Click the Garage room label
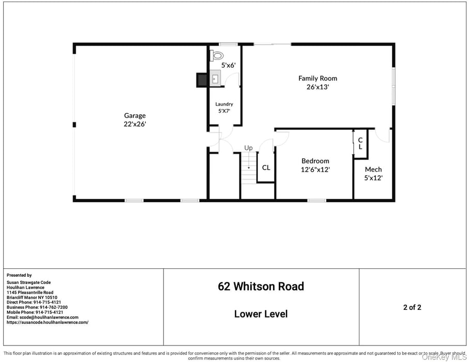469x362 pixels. click(x=134, y=115)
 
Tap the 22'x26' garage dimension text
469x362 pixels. click(x=134, y=124)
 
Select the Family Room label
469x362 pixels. click(x=317, y=78)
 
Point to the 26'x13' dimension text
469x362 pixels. click(x=317, y=87)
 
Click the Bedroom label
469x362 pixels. click(x=315, y=161)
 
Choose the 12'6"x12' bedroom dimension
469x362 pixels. click(x=315, y=169)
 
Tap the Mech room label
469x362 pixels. click(x=373, y=169)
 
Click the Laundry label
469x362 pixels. click(x=224, y=104)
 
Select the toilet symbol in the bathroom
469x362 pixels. click(x=217, y=55)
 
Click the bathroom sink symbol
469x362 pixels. click(x=215, y=79)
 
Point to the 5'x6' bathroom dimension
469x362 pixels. click(x=228, y=66)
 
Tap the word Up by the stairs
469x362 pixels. click(x=248, y=148)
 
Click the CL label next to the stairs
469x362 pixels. click(x=266, y=168)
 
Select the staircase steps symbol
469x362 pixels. click(x=248, y=169)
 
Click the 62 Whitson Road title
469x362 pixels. click(x=261, y=286)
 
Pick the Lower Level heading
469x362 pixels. click(x=261, y=314)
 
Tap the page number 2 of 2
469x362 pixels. click(x=412, y=307)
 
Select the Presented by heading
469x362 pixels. click(x=19, y=275)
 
